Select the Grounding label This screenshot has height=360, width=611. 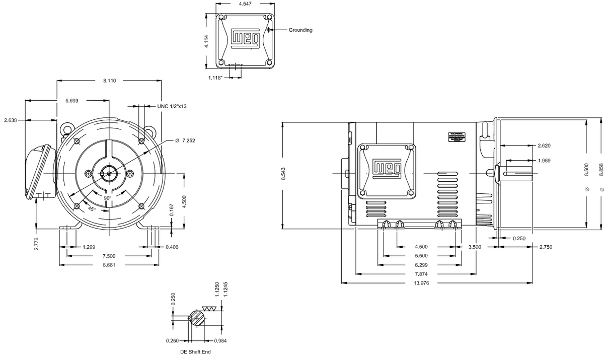[x=300, y=30]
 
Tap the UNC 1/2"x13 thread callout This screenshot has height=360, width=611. [x=173, y=106]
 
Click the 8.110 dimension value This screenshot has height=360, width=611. [x=109, y=81]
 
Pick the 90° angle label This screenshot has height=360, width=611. [x=108, y=198]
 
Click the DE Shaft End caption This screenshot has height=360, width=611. [x=196, y=352]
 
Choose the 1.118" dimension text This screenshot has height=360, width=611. [x=215, y=78]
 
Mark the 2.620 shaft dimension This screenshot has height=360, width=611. [x=544, y=146]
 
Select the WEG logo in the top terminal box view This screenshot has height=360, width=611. [x=245, y=37]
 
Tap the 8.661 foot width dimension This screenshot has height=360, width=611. [x=109, y=265]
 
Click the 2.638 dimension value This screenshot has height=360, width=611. [x=11, y=120]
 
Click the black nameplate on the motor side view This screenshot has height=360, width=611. [x=457, y=137]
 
